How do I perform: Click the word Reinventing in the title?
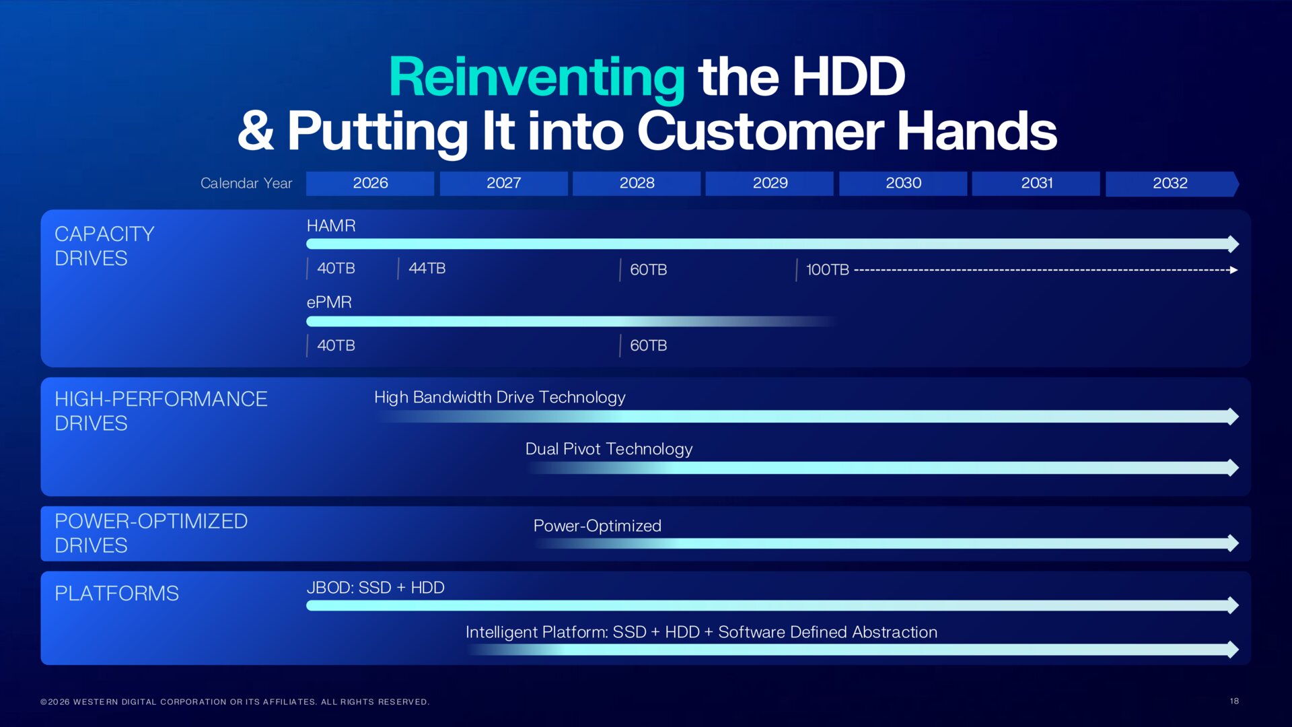(x=536, y=77)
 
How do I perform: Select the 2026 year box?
(x=370, y=183)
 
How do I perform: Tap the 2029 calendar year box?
(x=770, y=183)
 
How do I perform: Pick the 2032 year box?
(x=1170, y=183)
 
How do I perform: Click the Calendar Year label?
(x=246, y=183)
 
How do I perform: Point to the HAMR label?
(x=331, y=226)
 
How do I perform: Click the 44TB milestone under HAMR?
(x=427, y=268)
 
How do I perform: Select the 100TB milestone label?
(x=827, y=270)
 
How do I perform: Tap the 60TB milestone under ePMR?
(x=648, y=345)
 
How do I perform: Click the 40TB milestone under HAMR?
(x=336, y=268)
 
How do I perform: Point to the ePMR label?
(x=329, y=302)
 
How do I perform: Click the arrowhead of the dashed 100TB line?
(x=1233, y=270)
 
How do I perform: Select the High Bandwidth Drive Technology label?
(x=499, y=397)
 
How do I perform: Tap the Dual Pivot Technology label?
(x=608, y=449)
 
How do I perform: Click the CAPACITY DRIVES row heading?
(x=104, y=246)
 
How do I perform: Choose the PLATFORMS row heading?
(x=116, y=593)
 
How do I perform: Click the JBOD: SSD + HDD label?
(x=375, y=588)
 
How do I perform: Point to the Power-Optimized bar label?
(x=597, y=526)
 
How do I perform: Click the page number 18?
(x=1234, y=701)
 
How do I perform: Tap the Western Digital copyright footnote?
(x=235, y=701)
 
